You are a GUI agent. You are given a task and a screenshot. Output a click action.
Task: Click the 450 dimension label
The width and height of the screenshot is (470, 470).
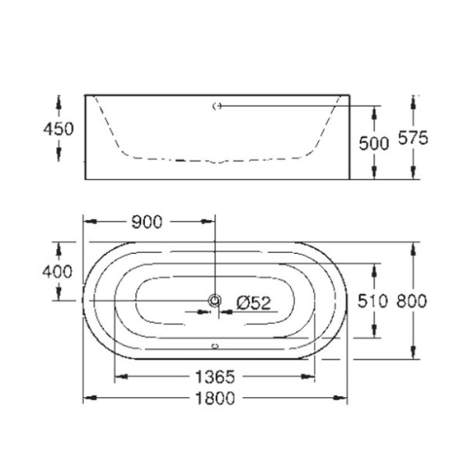[58, 130]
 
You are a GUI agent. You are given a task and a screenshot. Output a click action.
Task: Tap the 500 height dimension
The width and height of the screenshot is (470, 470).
[374, 143]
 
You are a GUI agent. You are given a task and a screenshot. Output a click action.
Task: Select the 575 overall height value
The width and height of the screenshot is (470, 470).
[413, 139]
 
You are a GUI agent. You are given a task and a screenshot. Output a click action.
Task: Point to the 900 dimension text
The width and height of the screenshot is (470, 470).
[147, 222]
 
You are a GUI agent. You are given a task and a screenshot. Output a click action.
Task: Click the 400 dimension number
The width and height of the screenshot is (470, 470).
[58, 272]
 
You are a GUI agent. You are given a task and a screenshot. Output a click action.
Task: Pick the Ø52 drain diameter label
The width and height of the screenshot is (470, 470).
[254, 303]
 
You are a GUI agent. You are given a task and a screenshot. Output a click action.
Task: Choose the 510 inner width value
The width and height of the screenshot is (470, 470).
[372, 301]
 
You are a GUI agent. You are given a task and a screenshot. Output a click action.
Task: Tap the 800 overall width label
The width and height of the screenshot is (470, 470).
[412, 301]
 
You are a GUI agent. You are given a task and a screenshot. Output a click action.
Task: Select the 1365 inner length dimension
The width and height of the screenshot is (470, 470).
[215, 377]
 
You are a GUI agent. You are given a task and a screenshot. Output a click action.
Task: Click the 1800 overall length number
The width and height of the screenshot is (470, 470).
[215, 399]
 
